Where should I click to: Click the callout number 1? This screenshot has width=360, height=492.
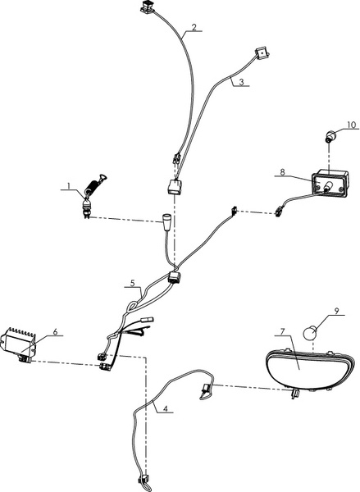click(x=69, y=186)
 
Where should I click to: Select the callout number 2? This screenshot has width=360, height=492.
click(x=194, y=27)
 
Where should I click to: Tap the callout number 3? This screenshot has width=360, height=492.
click(x=241, y=82)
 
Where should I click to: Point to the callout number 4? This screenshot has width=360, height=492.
click(x=166, y=408)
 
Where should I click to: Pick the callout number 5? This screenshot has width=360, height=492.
click(x=133, y=283)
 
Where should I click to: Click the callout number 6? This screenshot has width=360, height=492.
click(x=55, y=331)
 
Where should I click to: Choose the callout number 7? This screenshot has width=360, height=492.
click(x=282, y=331)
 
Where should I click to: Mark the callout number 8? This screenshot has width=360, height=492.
click(x=282, y=172)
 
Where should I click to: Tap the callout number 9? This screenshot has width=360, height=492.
click(x=336, y=311)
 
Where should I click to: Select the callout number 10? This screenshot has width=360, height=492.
click(x=352, y=125)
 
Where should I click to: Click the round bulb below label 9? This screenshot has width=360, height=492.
click(x=309, y=333)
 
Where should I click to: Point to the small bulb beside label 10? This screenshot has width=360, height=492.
click(x=329, y=137)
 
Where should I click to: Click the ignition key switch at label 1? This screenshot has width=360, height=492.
click(x=93, y=194)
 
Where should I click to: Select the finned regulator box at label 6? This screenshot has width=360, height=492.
click(x=18, y=344)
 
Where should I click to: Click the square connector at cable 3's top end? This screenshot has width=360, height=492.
click(x=262, y=53)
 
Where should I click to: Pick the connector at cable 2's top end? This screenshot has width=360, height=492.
click(x=147, y=7)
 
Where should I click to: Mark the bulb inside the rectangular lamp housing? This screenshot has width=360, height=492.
click(x=328, y=186)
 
